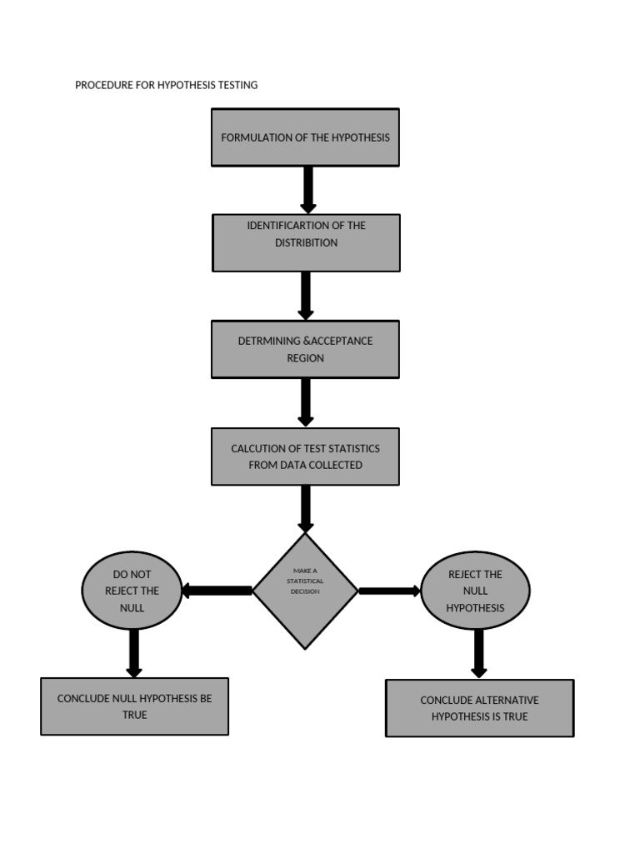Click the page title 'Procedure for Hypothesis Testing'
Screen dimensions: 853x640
coord(166,85)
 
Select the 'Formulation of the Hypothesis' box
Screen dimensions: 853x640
coord(305,137)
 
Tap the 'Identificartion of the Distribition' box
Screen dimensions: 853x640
coord(306,242)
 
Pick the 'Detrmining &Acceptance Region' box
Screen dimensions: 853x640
coord(305,349)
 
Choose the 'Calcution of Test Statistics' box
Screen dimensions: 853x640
coord(305,456)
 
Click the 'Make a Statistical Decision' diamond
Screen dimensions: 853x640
coord(305,591)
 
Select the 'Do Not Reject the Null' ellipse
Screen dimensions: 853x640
coord(132,591)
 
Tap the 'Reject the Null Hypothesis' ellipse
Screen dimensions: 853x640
coord(475,591)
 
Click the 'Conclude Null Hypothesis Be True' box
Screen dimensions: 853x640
coord(134,706)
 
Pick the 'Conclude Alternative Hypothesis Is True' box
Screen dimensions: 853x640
coord(479,708)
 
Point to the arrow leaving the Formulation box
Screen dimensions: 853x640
coord(308,189)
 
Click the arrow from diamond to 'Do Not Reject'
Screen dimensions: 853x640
coord(217,591)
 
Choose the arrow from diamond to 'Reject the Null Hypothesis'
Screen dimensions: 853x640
coord(389,591)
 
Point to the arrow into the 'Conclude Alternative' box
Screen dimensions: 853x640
coord(478,654)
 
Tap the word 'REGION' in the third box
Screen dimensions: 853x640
coord(305,358)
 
